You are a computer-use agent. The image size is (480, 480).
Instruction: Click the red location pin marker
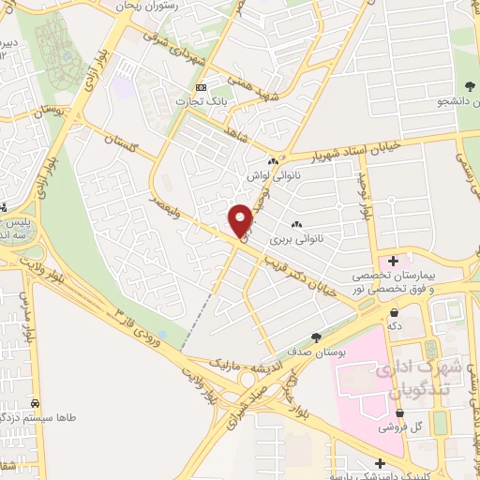coord(241,219)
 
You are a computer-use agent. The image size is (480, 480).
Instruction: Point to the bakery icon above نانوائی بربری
coord(296,224)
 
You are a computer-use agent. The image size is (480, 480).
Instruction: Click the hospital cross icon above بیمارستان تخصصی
coord(393,259)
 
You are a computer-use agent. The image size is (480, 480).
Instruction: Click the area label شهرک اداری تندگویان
coord(412,377)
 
